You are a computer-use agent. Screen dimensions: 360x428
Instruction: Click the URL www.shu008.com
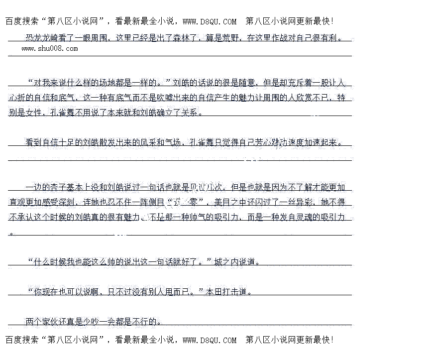tap(50, 48)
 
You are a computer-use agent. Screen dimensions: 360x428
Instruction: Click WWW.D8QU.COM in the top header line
tap(210, 21)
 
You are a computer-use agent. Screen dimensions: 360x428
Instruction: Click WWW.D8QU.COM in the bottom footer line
tap(210, 340)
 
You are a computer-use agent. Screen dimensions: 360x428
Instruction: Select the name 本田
tap(214, 292)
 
